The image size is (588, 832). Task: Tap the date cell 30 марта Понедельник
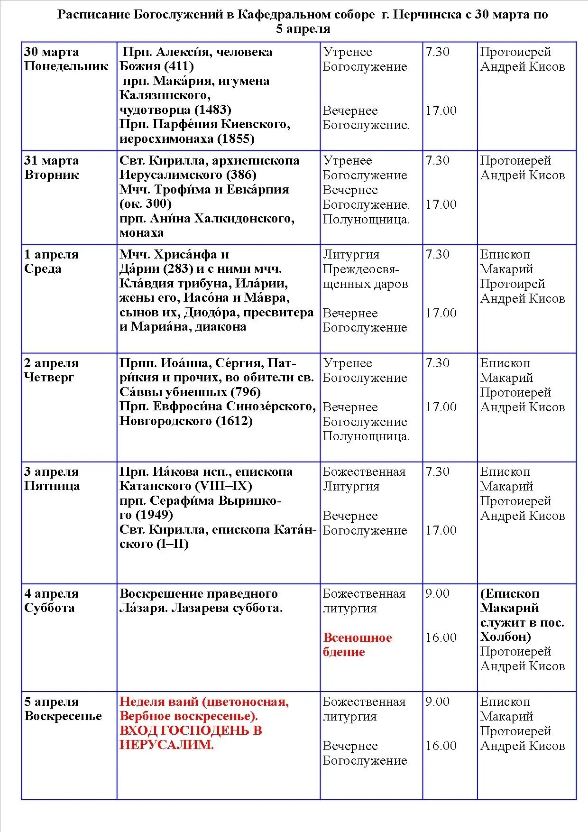(66, 59)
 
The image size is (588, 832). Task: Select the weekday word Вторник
(51, 175)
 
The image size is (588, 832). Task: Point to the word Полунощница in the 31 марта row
(366, 220)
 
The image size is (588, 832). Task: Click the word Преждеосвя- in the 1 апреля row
(361, 269)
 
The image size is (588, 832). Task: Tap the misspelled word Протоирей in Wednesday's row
(512, 284)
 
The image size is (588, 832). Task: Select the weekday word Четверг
(49, 378)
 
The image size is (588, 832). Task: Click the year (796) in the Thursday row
(245, 392)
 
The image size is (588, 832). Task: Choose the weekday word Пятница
(52, 486)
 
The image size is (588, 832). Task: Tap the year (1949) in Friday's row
(154, 515)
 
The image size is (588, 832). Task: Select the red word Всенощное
(358, 638)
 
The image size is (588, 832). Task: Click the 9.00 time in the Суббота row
(437, 593)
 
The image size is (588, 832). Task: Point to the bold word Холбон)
(505, 637)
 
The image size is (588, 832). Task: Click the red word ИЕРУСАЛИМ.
(166, 745)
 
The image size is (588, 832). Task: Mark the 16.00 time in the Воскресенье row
(441, 746)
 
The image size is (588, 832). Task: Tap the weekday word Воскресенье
(63, 716)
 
